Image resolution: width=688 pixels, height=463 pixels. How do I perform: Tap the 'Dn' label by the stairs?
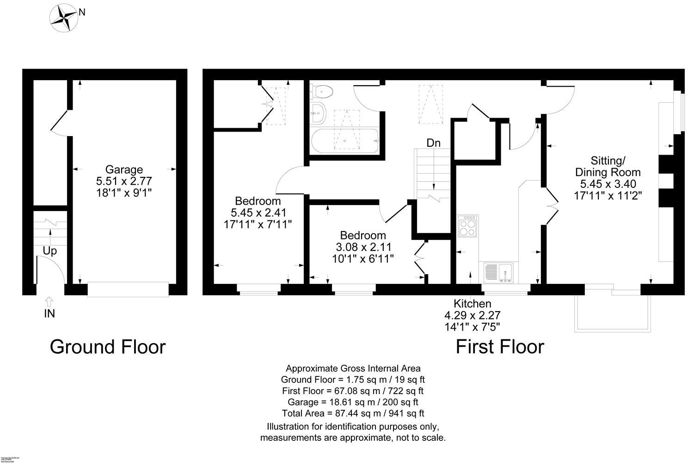point(433,143)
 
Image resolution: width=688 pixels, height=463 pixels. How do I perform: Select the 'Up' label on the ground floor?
point(49,251)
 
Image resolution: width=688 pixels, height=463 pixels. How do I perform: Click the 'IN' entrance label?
point(49,313)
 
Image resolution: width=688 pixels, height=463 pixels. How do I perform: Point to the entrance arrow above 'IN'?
point(49,301)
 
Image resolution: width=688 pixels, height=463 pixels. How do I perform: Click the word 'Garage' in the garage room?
point(124,169)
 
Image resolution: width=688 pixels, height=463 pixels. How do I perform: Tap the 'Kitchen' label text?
point(472,304)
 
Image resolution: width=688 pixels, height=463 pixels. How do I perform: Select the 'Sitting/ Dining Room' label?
point(607,166)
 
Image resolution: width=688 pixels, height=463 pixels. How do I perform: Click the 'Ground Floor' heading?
point(107,347)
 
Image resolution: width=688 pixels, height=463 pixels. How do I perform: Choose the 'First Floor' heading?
point(500,347)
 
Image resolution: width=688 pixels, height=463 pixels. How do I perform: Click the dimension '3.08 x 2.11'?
point(362,247)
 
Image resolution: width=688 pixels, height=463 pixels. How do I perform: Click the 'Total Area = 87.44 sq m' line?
point(353,413)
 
